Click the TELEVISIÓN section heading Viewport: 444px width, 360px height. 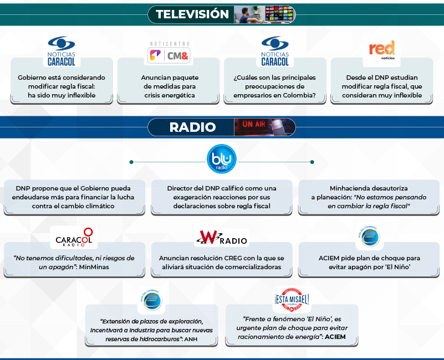[192, 14]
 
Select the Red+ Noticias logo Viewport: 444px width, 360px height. [382, 50]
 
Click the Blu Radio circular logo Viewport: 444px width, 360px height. [222, 159]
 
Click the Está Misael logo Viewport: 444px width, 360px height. [292, 300]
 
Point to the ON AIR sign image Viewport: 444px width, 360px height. [264, 127]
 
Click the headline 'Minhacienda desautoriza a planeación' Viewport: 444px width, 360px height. [369, 197]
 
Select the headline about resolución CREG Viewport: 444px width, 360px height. [222, 263]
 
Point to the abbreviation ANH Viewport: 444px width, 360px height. [191, 339]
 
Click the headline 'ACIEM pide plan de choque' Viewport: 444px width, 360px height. [369, 263]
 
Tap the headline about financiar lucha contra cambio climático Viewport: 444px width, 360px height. [74, 197]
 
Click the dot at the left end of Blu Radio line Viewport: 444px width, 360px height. [131, 162]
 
